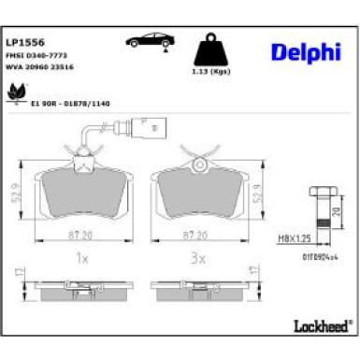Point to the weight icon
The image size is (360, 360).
point(210,49)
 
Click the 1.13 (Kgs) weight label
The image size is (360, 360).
point(210,72)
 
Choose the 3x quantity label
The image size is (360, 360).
point(197,257)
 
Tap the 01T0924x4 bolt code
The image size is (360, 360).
point(320,254)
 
